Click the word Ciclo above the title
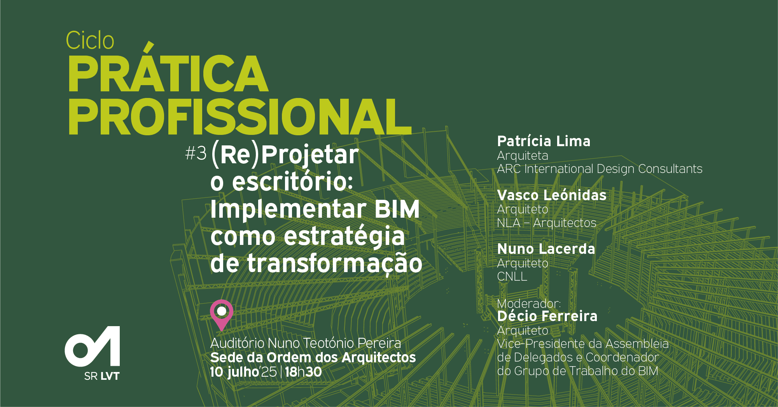point(90,40)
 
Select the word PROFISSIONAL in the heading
point(240,117)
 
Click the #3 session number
point(196,154)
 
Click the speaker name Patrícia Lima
point(544,141)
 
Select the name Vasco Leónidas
point(552,195)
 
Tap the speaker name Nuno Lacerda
point(546,249)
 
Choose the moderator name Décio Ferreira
point(547,316)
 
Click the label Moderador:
point(529,303)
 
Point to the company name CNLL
point(512,276)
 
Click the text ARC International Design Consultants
point(600,169)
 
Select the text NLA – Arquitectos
point(546,223)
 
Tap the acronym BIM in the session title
point(397,209)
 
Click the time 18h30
point(303,372)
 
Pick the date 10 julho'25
point(243,372)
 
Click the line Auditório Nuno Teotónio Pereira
point(306,343)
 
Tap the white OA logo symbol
point(93,346)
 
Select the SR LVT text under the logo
point(102,376)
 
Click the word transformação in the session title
point(334,263)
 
